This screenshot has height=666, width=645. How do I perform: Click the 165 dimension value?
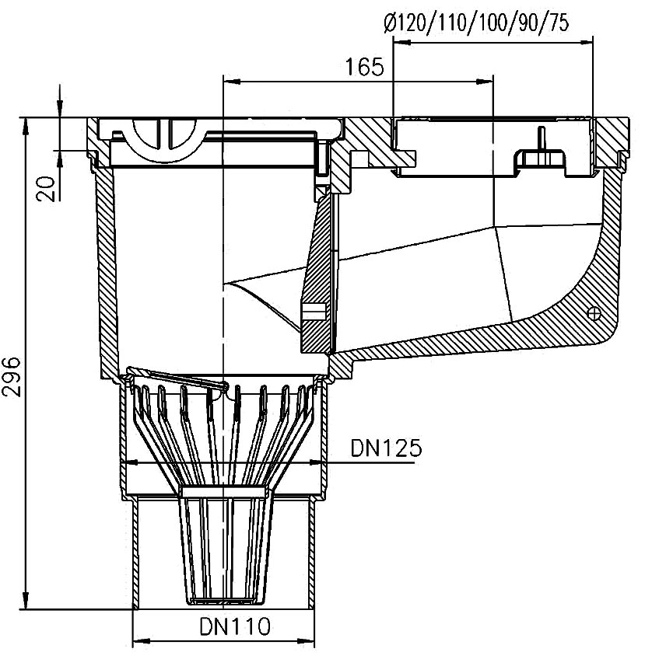click(364, 67)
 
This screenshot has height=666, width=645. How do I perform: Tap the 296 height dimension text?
click(11, 376)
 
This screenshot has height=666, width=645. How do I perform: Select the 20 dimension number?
click(46, 189)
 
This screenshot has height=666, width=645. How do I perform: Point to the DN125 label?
click(386, 448)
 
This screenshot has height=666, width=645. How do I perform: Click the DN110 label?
click(235, 626)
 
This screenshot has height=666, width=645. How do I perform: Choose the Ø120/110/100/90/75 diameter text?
click(476, 23)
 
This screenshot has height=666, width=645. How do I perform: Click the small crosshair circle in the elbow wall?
click(594, 314)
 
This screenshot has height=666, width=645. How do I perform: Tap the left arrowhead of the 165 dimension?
click(232, 81)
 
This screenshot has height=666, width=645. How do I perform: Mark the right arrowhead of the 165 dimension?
click(484, 81)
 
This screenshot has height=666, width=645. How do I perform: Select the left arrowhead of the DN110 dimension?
click(142, 640)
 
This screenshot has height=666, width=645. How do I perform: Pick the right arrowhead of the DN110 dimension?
click(305, 640)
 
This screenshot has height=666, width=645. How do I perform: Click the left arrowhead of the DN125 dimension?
click(131, 462)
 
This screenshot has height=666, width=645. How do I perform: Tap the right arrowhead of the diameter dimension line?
click(584, 42)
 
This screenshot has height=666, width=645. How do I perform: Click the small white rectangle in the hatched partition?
click(314, 311)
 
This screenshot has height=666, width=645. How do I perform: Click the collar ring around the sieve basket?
click(225, 492)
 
